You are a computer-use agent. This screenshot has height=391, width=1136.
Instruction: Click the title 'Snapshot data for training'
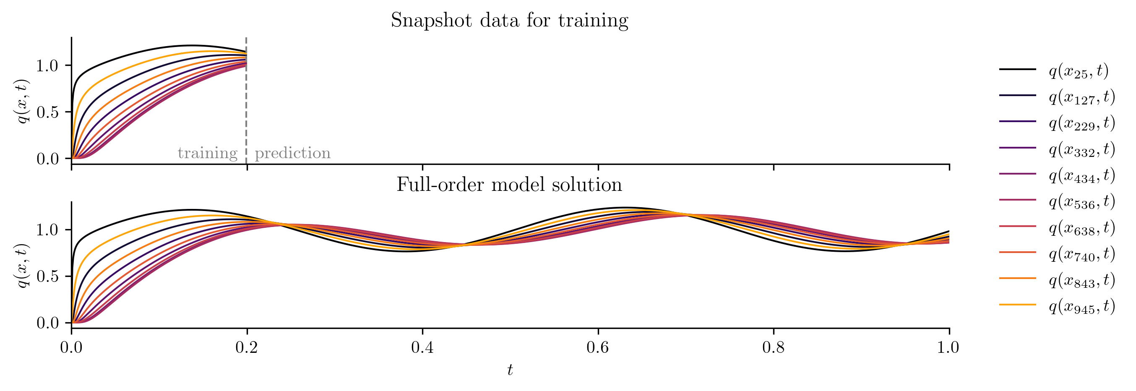[509, 20]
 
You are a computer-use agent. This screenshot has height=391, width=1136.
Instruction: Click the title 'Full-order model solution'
[509, 185]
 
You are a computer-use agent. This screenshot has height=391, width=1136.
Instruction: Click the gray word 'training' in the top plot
[207, 153]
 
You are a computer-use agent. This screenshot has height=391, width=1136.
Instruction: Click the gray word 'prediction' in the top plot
[292, 153]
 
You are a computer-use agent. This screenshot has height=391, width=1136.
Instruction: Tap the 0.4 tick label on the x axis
[422, 348]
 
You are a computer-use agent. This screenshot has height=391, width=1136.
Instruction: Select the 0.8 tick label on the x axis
[774, 348]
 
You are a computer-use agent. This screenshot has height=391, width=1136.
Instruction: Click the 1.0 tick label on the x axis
[948, 348]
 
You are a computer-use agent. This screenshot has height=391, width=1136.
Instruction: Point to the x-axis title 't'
[510, 370]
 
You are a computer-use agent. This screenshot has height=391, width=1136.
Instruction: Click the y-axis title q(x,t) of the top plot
[22, 102]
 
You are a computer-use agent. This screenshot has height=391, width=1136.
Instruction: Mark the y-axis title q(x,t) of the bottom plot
[22, 266]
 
